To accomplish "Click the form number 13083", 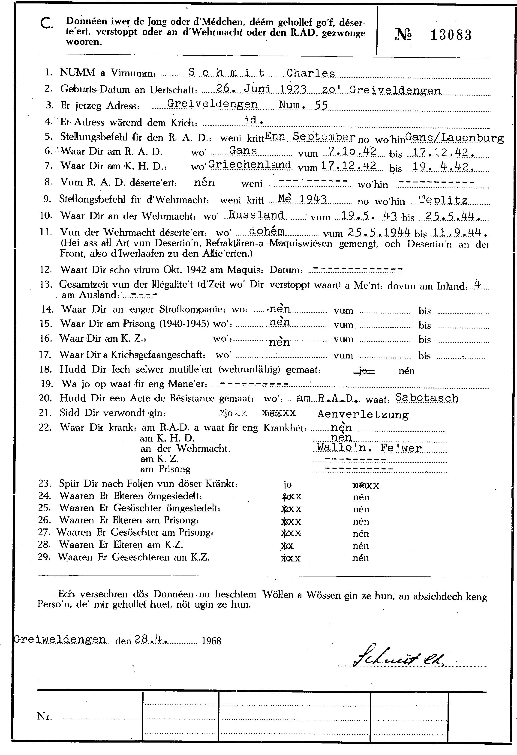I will coord(451,35).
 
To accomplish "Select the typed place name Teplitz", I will coord(443,200).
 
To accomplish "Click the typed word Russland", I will coord(256,215).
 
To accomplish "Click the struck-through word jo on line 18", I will coord(364,371).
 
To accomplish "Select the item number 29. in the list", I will coord(44,558).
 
